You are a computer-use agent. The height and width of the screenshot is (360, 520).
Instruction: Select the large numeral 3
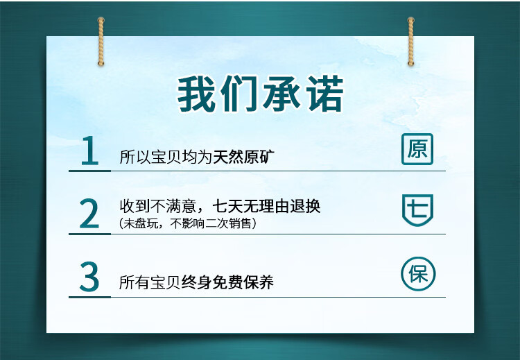[89, 276]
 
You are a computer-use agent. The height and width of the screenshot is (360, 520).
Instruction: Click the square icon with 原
[417, 149]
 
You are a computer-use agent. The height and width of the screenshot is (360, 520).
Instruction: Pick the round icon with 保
[418, 274]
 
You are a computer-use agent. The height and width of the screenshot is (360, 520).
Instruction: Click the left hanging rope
[101, 41]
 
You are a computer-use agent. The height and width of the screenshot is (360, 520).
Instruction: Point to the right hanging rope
[411, 41]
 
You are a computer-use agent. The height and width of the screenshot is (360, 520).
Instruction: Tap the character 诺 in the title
[324, 94]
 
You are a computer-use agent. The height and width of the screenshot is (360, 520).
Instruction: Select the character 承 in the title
[282, 94]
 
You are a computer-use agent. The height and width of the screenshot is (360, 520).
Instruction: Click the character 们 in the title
[239, 94]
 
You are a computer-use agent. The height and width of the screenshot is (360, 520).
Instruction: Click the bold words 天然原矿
[244, 157]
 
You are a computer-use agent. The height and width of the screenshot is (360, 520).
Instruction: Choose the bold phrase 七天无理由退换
[266, 206]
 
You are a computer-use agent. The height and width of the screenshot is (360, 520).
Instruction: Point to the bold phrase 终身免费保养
[227, 282]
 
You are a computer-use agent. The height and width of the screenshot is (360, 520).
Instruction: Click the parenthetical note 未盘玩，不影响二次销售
[187, 223]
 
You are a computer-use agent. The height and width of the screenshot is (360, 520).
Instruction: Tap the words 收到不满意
[158, 206]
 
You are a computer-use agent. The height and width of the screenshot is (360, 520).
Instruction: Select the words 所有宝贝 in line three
[150, 282]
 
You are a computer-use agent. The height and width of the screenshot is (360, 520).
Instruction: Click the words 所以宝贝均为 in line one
[166, 157]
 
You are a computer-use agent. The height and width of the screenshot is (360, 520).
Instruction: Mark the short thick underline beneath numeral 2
[89, 234]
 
